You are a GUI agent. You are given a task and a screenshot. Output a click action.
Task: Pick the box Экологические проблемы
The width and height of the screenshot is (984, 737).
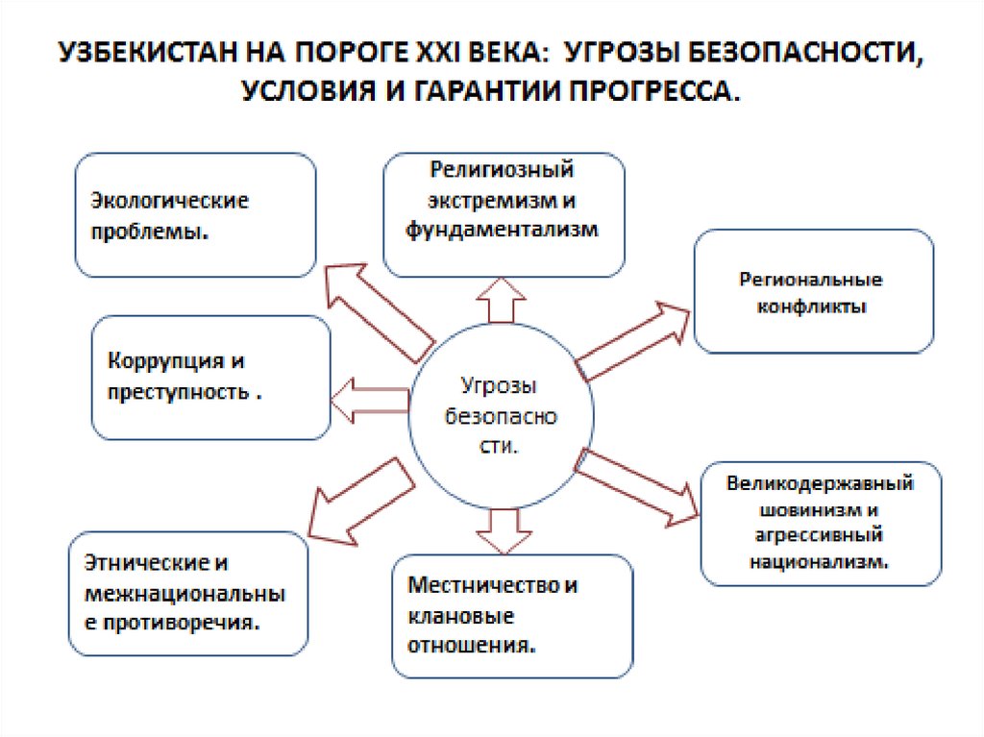(x=195, y=215)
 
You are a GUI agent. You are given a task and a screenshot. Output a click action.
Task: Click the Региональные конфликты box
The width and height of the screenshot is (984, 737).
(x=812, y=291)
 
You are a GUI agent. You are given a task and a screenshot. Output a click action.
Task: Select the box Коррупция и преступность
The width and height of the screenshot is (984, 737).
(x=210, y=378)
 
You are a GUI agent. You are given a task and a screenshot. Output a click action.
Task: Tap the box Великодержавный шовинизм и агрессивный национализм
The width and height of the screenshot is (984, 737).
(x=820, y=523)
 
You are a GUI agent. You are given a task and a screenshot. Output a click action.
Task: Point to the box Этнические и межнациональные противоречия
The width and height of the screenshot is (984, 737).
(x=188, y=593)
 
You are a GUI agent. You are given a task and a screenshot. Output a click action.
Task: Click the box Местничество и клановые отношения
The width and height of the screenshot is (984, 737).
(x=512, y=615)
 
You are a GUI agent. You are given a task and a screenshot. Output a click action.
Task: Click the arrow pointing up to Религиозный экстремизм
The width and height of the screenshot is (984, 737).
(x=498, y=299)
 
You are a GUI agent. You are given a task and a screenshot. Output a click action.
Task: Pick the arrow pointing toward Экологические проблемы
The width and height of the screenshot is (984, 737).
(x=379, y=306)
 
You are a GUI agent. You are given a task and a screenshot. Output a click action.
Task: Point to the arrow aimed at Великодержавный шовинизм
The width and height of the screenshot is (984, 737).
(x=640, y=486)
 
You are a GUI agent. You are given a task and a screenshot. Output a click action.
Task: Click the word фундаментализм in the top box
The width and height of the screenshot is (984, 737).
(x=503, y=230)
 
